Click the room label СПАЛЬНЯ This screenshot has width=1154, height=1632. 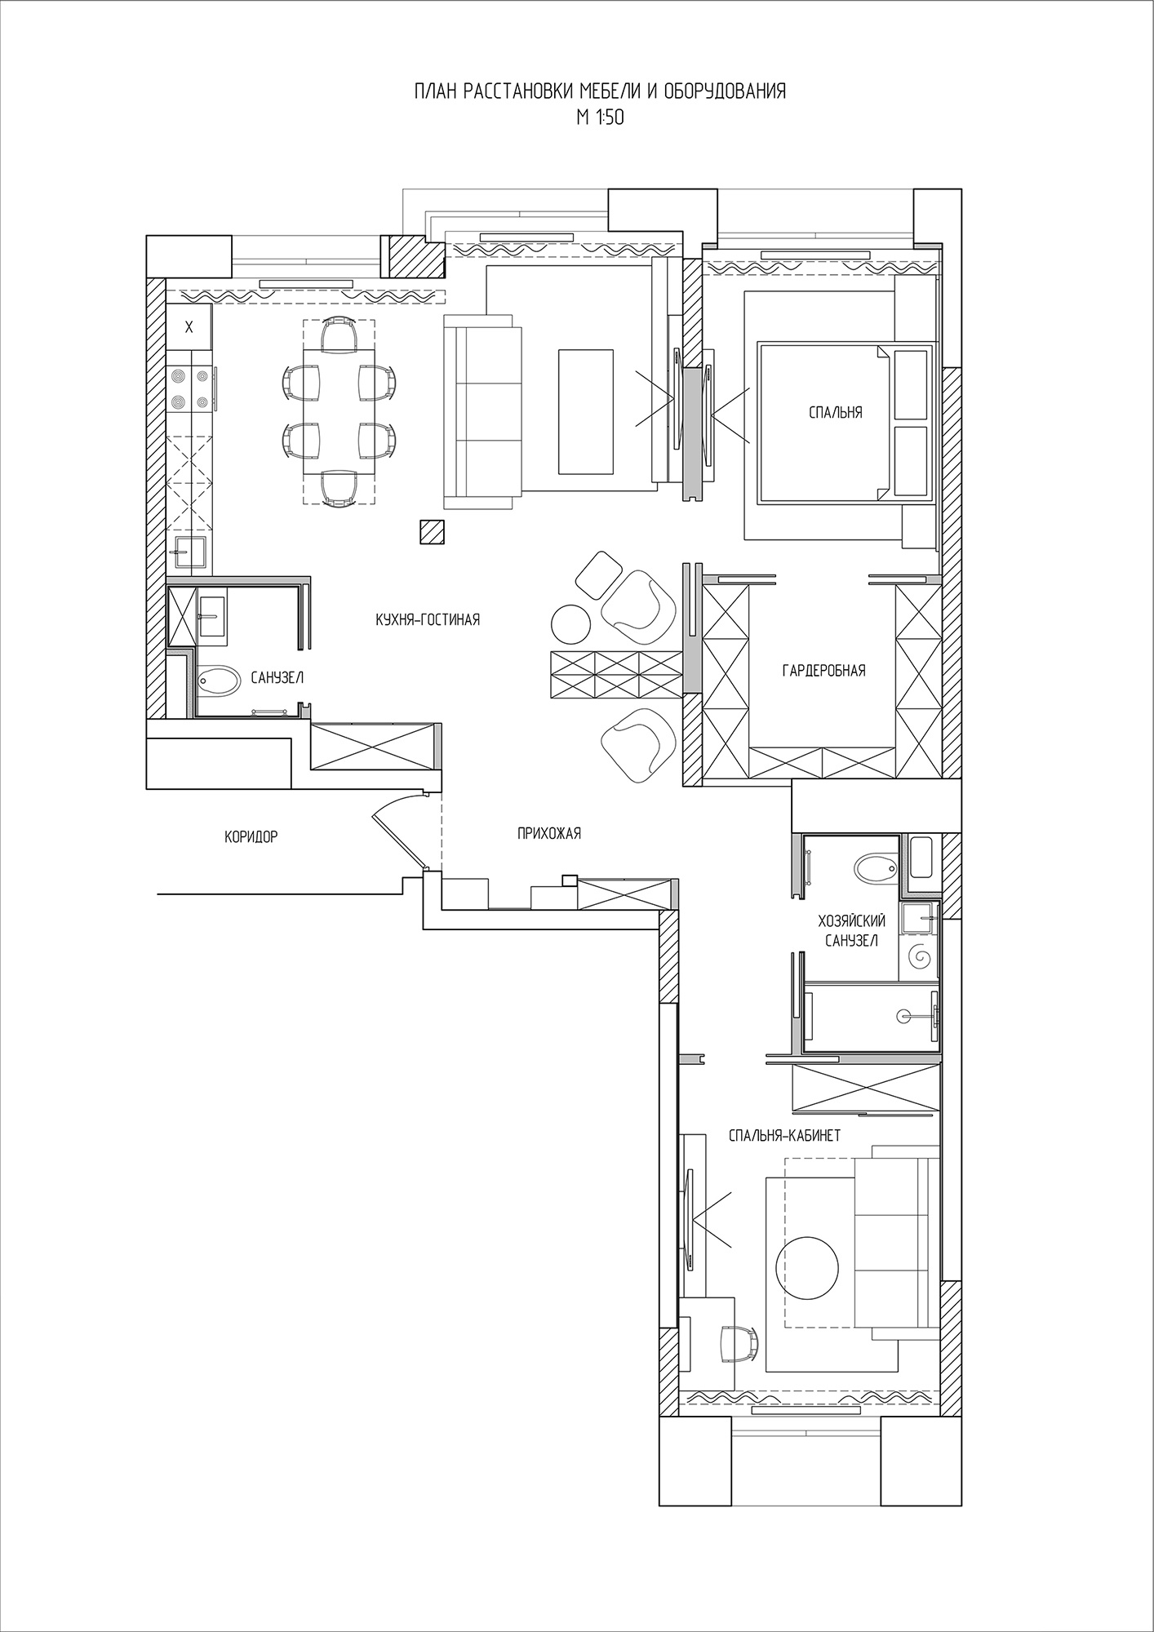coord(835,413)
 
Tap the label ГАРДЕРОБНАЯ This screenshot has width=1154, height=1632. coord(823,671)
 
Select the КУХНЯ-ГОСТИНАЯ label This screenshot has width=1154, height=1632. coord(428,620)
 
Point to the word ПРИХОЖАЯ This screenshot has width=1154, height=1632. coord(548,833)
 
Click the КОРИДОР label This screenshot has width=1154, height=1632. coord(251,836)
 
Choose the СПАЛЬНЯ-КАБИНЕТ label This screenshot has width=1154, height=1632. coord(784,1135)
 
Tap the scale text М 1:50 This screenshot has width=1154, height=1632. coord(600,118)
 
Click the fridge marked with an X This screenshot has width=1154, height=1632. coord(189,328)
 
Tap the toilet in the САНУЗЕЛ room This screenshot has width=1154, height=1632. coord(219,679)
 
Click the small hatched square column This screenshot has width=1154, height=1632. coord(433,532)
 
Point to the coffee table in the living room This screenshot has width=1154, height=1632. coord(585,411)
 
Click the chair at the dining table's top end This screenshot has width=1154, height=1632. coord(340,334)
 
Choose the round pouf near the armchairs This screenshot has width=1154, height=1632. coord(571,623)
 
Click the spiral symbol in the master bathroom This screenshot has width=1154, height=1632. coord(920,954)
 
